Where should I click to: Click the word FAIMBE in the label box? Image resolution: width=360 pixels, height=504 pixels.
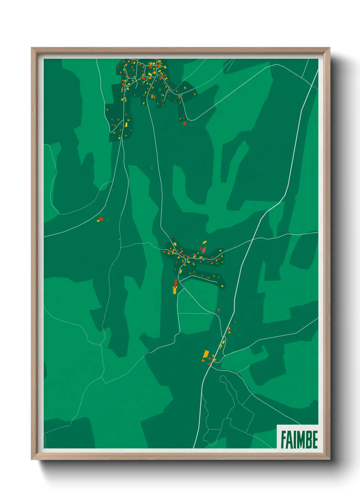pos(299,439)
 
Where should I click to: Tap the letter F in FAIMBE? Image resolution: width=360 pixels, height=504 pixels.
pos(283,439)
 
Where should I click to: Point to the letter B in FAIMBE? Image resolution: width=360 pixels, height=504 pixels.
pos(308,439)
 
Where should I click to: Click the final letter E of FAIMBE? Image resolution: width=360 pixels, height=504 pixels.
pos(315,439)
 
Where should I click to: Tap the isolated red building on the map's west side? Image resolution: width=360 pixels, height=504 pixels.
pos(100,219)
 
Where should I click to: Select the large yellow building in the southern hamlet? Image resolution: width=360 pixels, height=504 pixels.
pos(206,354)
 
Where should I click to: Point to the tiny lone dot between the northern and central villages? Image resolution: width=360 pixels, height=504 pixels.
pos(152,168)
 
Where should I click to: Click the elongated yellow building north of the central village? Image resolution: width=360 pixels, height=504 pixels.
pos(204,242)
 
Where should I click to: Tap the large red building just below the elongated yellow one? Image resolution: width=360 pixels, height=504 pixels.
pos(204,250)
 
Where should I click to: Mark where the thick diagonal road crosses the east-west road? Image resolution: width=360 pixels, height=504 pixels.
pos(252,240)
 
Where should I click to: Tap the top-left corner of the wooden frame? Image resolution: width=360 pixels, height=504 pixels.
pos(31,48)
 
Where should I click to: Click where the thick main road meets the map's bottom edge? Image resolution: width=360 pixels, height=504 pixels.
pos(194,448)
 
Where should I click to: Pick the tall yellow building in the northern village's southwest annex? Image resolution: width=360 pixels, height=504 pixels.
pos(126,125)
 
